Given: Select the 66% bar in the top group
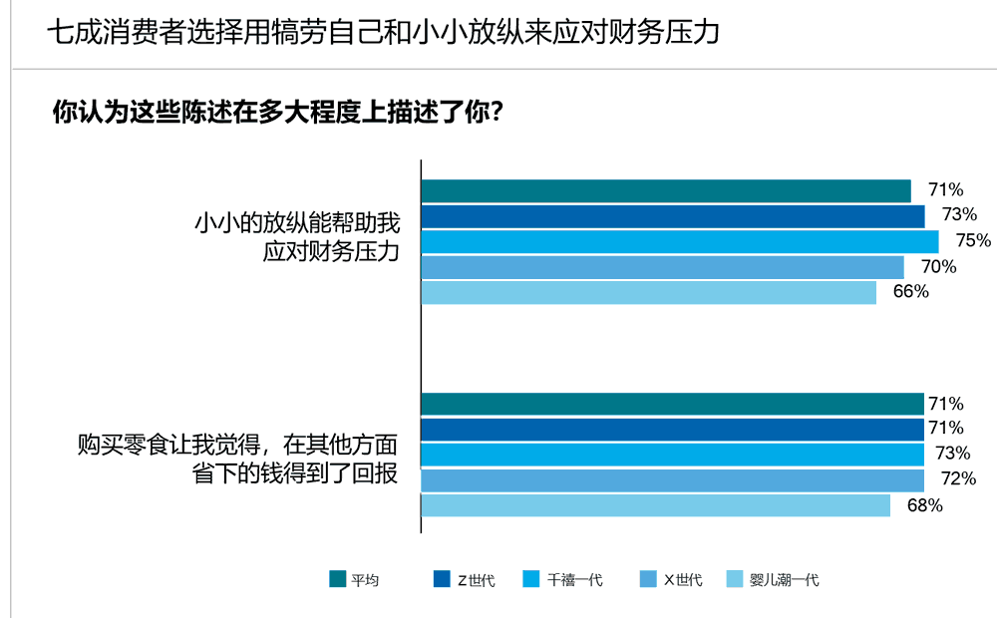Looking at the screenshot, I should pyautogui.click(x=649, y=293).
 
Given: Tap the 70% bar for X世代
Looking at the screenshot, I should pyautogui.click(x=663, y=267).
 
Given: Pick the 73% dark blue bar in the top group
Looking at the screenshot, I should pyautogui.click(x=673, y=216).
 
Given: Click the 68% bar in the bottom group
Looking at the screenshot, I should pyautogui.click(x=656, y=506).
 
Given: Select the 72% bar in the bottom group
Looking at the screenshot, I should pyautogui.click(x=673, y=480).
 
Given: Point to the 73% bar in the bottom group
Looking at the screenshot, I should pyautogui.click(x=673, y=455).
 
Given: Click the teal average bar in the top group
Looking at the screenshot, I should pyautogui.click(x=666, y=190).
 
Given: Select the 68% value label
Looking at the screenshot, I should pyautogui.click(x=924, y=505).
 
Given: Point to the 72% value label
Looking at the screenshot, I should pyautogui.click(x=958, y=479).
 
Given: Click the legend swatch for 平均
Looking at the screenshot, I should pyautogui.click(x=337, y=579).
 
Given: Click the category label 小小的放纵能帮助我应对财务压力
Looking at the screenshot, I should pyautogui.click(x=297, y=237).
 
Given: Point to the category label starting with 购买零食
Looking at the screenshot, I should pyautogui.click(x=238, y=458).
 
